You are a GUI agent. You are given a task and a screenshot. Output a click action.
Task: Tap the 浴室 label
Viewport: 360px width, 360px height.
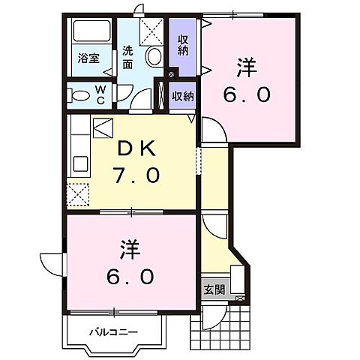click(x=89, y=58)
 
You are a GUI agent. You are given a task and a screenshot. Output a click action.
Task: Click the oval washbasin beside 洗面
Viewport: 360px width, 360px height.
click(x=154, y=55)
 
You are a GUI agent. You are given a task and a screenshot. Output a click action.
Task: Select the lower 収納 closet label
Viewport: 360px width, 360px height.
click(x=183, y=96)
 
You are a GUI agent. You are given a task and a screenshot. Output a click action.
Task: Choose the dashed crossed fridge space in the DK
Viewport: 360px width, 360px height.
click(x=77, y=193)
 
